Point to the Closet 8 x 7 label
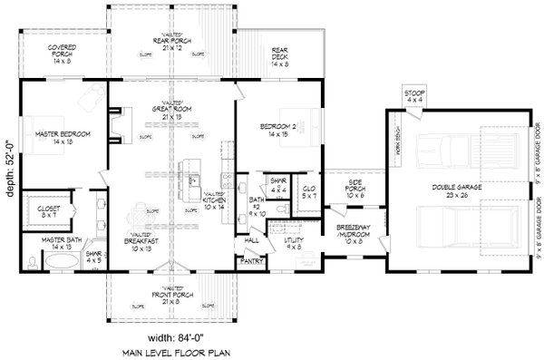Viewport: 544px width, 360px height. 49,213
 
